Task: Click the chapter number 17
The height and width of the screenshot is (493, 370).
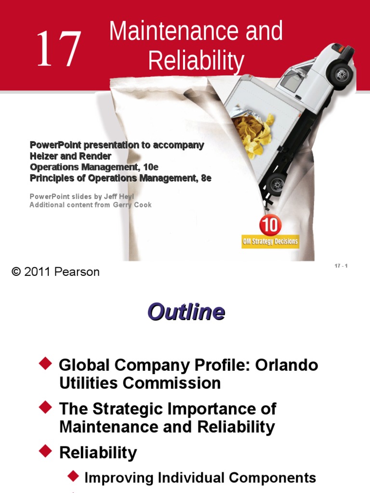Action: [58, 48]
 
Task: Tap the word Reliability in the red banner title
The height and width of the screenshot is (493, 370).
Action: [196, 61]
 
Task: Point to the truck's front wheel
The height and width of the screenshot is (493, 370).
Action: [341, 75]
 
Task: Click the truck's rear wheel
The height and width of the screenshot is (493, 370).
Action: [277, 184]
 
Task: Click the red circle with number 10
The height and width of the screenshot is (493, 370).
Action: [270, 225]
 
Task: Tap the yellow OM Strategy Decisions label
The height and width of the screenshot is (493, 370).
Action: [270, 242]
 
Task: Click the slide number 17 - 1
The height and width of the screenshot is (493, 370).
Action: [341, 266]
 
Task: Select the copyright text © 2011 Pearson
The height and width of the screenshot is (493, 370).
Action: [55, 272]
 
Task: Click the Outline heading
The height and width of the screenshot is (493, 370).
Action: [186, 312]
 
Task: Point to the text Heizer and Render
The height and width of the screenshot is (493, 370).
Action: [70, 156]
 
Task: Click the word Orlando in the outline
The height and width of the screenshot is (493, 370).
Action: [286, 365]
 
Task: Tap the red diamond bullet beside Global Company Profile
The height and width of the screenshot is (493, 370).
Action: [46, 363]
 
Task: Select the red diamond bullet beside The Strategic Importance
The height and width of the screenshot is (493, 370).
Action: [46, 407]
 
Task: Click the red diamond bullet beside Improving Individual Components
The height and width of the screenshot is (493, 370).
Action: [73, 476]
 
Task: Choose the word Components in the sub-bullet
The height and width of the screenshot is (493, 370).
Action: [273, 478]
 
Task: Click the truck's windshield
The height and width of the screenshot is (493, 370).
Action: [291, 80]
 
